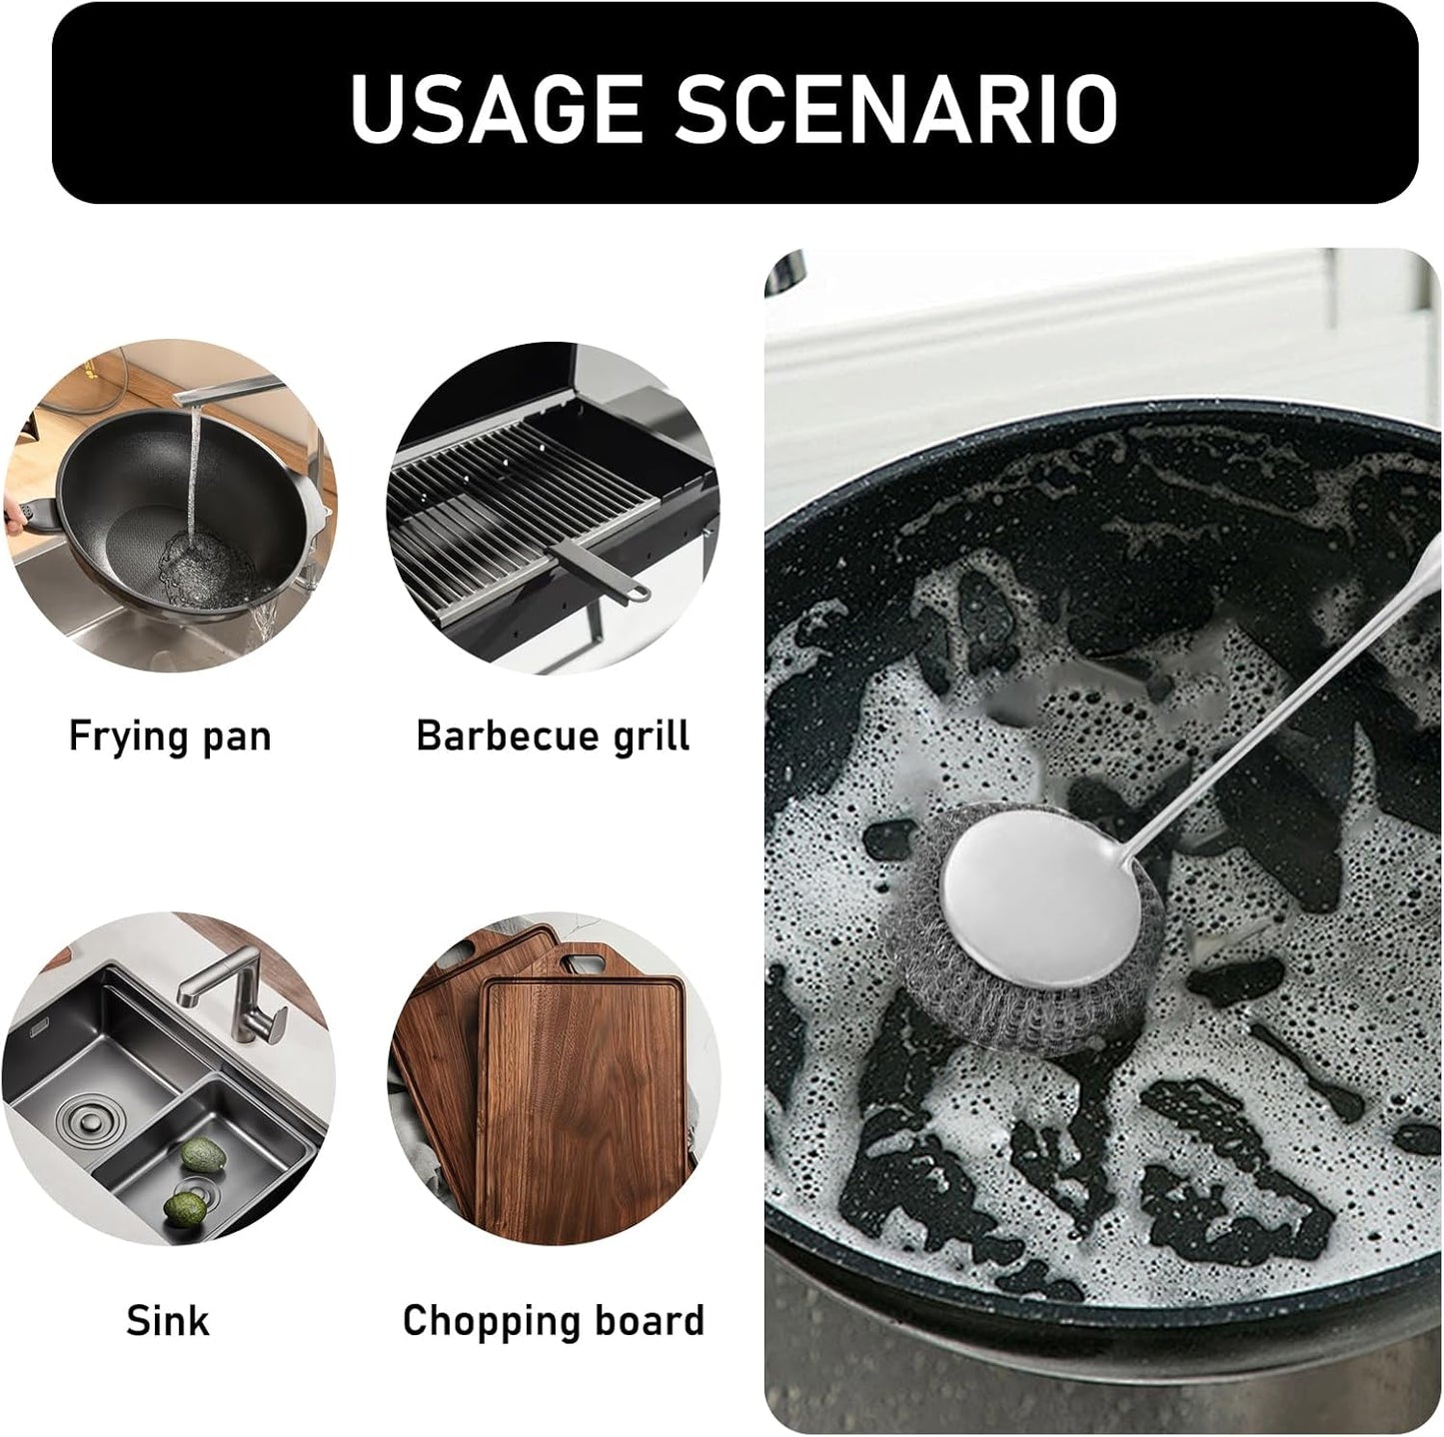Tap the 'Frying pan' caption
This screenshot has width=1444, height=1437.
[x=170, y=736]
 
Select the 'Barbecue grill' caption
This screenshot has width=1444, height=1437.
[x=553, y=736]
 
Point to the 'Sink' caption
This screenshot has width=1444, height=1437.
[x=168, y=1320]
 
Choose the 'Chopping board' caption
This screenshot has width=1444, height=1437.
[x=553, y=1320]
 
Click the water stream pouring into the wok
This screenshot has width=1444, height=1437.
[x=192, y=470]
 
